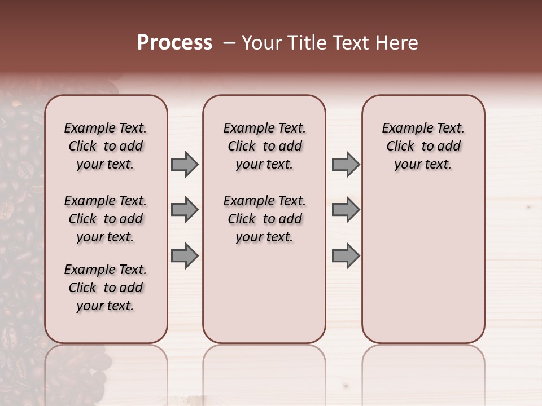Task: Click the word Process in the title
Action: (174, 43)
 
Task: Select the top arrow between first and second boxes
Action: (185, 165)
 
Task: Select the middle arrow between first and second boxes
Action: (185, 210)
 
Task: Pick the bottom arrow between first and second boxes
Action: (185, 256)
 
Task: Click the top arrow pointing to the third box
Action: (346, 165)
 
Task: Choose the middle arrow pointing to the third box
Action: (346, 210)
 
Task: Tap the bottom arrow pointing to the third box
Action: (346, 256)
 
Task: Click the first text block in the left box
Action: (106, 146)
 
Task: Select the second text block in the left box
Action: (106, 219)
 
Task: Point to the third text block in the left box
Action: (106, 288)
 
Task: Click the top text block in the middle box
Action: (264, 146)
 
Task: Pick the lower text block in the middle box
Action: (264, 219)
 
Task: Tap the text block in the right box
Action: (423, 146)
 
